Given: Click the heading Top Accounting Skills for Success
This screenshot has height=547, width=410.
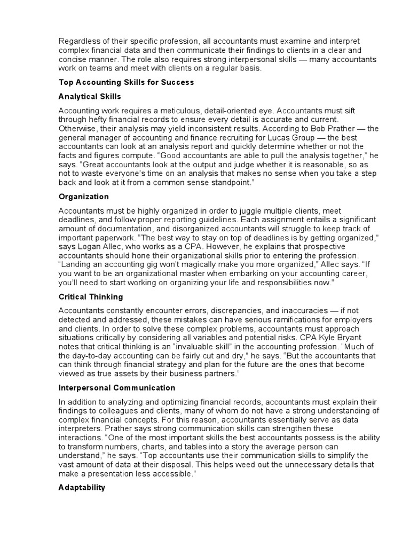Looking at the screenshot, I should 126,83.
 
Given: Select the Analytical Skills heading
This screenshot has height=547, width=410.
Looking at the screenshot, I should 90,97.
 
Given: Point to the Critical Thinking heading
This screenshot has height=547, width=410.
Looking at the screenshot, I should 91,296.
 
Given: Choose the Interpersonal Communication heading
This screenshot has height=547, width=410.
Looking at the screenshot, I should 117,388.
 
